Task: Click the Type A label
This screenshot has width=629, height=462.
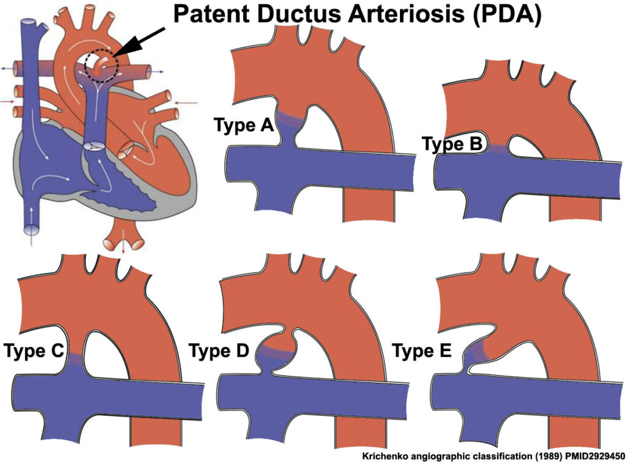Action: tap(243, 125)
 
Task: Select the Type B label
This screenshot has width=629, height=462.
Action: tap(453, 144)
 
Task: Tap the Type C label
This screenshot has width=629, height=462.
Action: tap(34, 351)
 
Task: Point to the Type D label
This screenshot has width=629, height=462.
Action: tap(219, 351)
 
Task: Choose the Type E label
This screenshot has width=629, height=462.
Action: tap(422, 351)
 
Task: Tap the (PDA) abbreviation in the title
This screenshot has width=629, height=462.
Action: tap(507, 15)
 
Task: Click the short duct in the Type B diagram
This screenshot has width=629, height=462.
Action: tap(498, 148)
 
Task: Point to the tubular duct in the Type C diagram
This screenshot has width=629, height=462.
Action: tap(76, 359)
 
